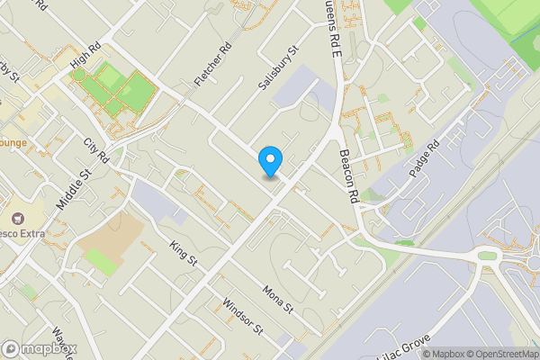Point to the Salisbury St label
[277, 68]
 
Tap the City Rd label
[95, 150]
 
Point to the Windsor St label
[242, 316]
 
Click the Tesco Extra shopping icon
[16, 219]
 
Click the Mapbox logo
[40, 348]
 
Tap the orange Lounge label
[13, 142]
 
